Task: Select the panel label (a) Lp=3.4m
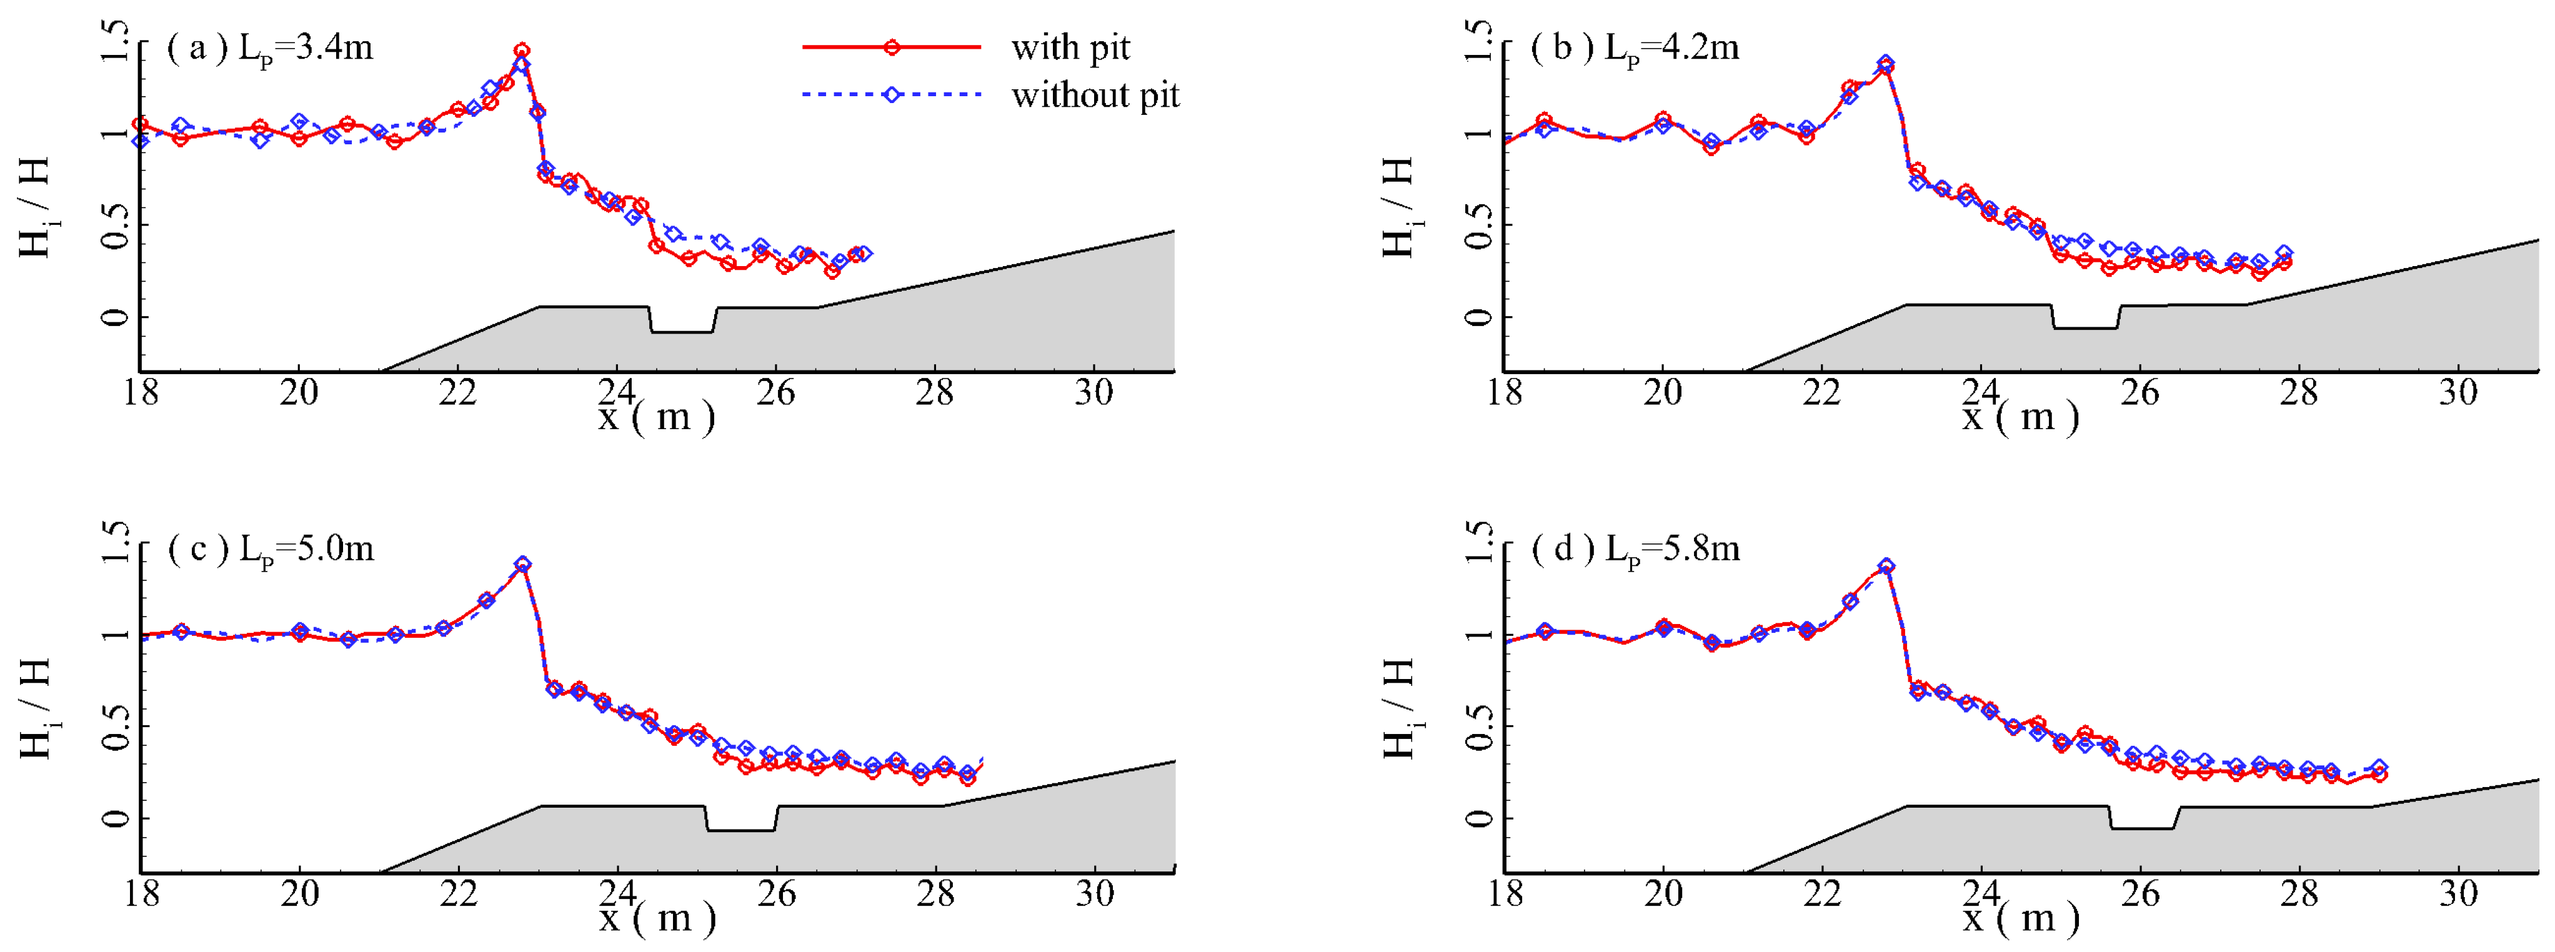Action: click(x=270, y=47)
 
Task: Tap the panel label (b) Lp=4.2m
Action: click(x=1635, y=47)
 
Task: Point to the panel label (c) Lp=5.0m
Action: click(x=271, y=548)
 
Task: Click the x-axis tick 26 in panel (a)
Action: click(x=775, y=393)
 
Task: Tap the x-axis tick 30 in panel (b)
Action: click(x=2458, y=393)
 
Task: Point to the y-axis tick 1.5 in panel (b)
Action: click(x=1478, y=42)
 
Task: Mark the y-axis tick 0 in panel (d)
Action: click(x=1478, y=818)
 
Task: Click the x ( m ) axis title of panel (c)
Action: click(x=657, y=917)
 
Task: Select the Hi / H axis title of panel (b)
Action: click(x=1397, y=208)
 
